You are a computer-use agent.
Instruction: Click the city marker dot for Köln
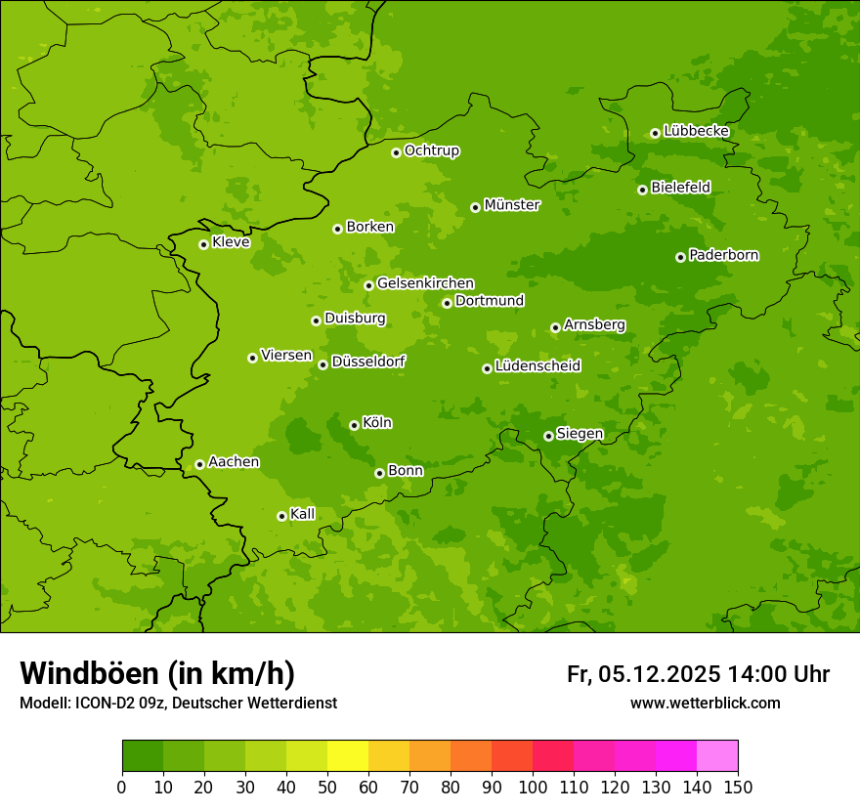click(x=354, y=425)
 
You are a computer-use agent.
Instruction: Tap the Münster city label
click(x=511, y=205)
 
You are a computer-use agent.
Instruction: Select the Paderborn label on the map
click(x=723, y=255)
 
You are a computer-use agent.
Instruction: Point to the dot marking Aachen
click(x=199, y=464)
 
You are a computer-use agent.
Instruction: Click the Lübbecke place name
click(x=696, y=131)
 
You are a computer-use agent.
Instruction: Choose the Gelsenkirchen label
click(x=425, y=283)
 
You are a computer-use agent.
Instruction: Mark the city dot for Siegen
click(x=548, y=436)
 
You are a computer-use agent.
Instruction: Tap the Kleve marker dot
click(x=203, y=244)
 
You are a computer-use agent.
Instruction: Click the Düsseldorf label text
click(x=368, y=362)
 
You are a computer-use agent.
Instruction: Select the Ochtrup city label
click(x=431, y=150)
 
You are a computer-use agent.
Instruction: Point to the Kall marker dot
click(x=281, y=516)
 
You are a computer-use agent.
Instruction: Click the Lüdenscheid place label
click(x=537, y=366)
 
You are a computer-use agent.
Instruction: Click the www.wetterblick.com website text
click(x=705, y=704)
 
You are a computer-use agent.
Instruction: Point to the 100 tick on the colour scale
click(x=533, y=787)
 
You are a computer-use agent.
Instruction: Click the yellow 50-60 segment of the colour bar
click(x=348, y=756)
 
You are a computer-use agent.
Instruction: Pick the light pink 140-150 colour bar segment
click(x=717, y=756)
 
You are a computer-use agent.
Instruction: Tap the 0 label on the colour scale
click(x=122, y=787)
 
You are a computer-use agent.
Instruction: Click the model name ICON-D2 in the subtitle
click(x=103, y=704)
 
